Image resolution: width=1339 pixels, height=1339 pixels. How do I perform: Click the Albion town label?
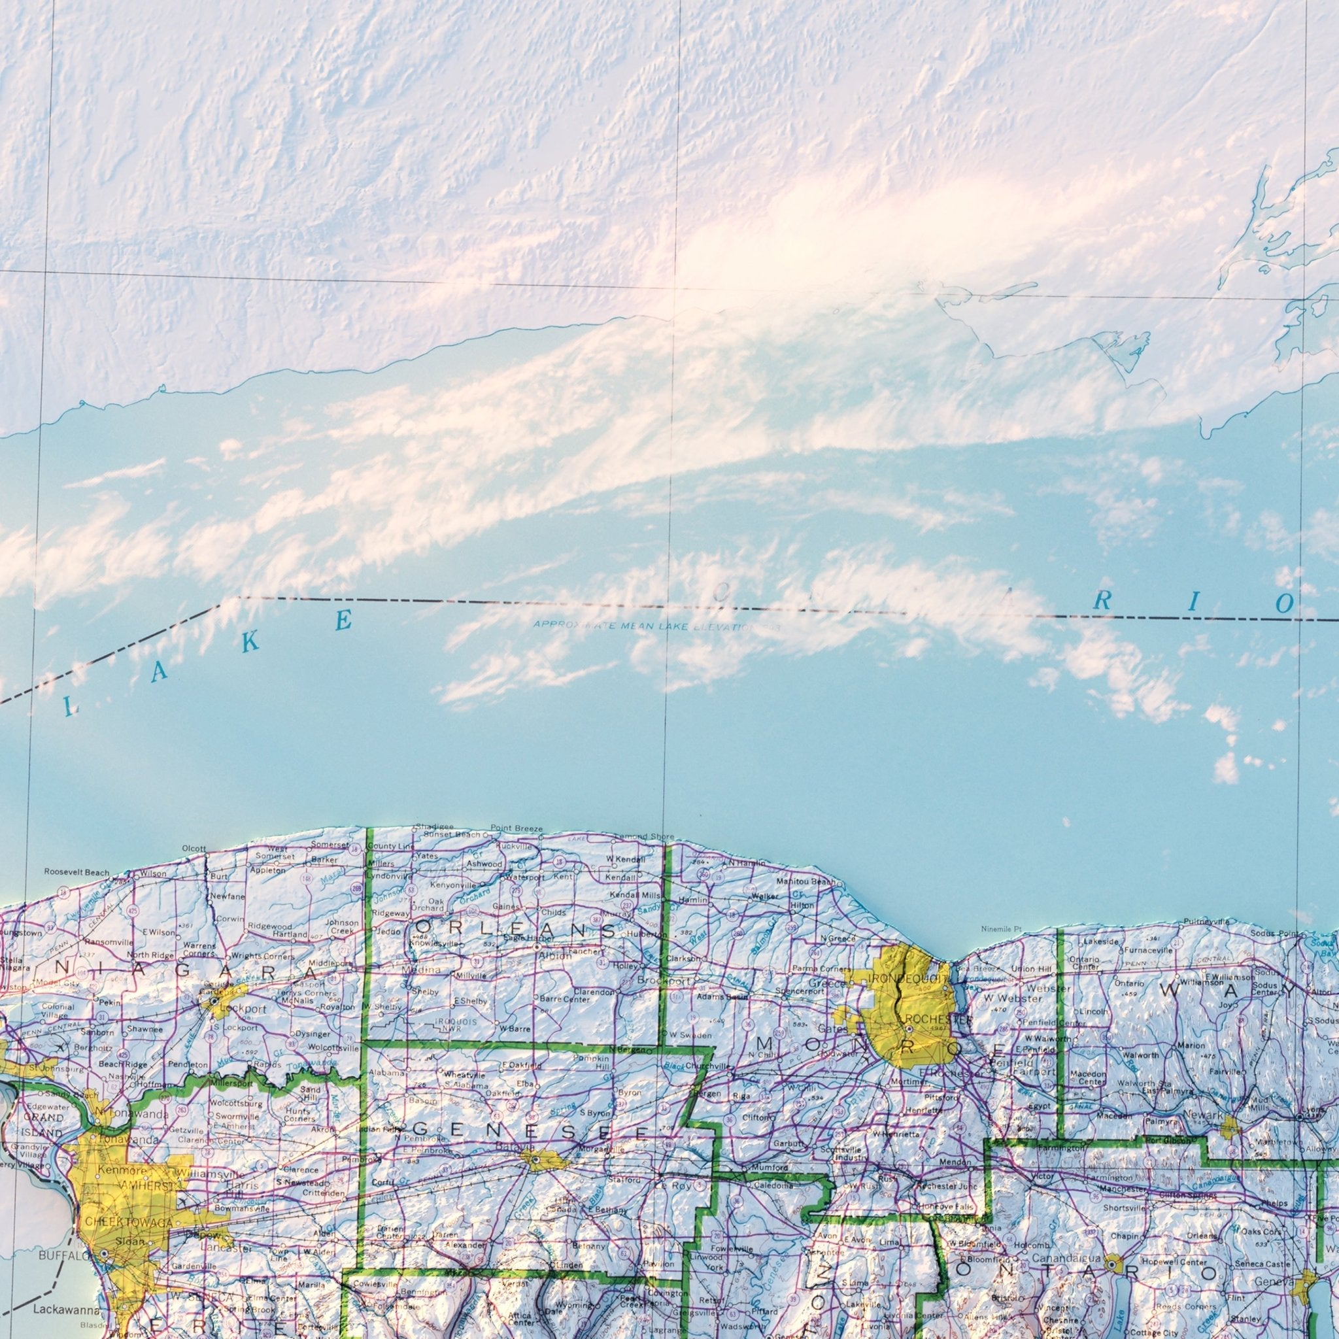point(554,957)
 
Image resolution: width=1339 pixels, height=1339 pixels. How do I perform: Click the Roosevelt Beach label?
point(77,872)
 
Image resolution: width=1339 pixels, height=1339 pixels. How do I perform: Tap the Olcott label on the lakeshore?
point(194,849)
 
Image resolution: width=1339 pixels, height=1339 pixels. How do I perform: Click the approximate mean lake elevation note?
point(656,626)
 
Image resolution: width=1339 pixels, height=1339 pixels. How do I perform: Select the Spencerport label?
point(802,991)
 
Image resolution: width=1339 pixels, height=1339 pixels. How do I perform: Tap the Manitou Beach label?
point(805,881)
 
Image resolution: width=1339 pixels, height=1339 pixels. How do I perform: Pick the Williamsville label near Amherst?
point(211,1174)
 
